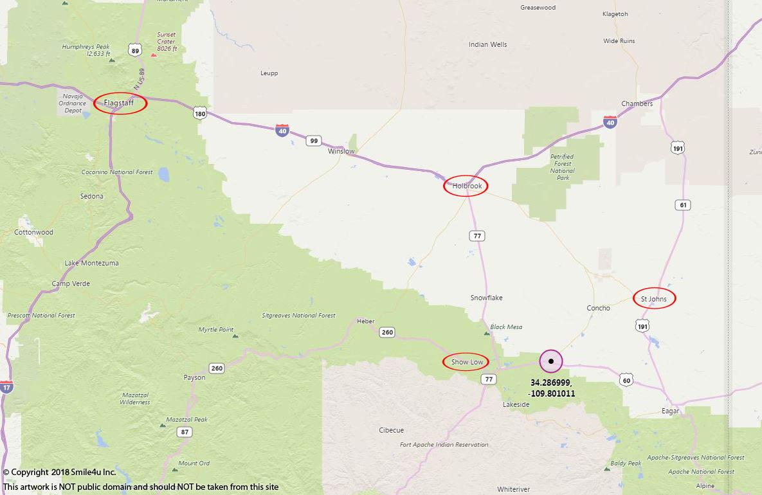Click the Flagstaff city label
point(120,103)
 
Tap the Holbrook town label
point(466,186)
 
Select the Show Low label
point(466,362)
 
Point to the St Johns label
point(654,299)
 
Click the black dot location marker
point(551,361)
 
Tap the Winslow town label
point(341,152)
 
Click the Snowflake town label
point(486,298)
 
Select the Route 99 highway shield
point(313,141)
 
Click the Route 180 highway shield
point(200,114)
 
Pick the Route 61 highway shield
point(682,205)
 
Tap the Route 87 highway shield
point(185,432)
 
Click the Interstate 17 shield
point(6,387)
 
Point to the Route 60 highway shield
point(626,381)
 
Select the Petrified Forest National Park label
point(562,167)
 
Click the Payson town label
point(194,377)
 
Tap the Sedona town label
point(91,197)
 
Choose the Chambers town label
point(637,104)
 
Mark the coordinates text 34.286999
point(550,382)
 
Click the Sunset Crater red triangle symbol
point(154,54)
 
